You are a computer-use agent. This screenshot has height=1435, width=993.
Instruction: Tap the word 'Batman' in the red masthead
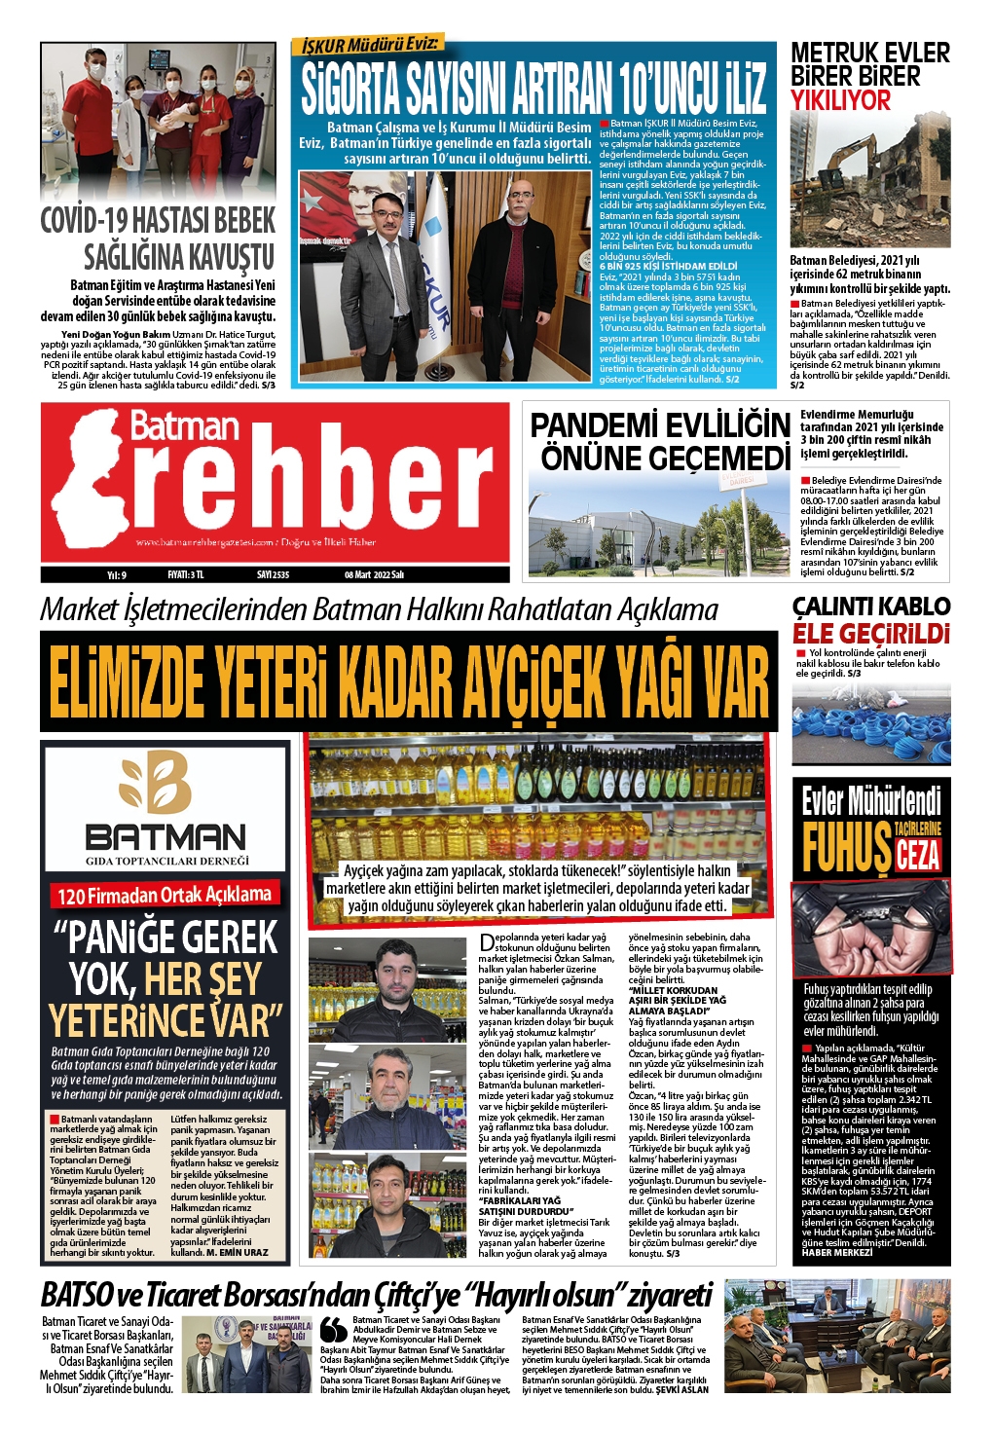tap(184, 425)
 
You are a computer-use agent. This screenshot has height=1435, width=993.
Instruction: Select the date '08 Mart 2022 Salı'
tap(374, 574)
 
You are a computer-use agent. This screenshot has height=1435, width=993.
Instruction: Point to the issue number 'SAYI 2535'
tap(273, 574)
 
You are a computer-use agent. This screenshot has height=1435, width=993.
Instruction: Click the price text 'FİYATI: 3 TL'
tap(185, 574)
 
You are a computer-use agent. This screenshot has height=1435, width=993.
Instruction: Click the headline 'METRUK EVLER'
tap(869, 53)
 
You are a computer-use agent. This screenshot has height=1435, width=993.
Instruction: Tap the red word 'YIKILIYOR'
tap(840, 100)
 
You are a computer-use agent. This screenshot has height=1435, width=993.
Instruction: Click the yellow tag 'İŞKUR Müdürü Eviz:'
tap(369, 45)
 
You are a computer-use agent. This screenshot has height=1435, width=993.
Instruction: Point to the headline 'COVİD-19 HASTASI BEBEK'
tap(158, 221)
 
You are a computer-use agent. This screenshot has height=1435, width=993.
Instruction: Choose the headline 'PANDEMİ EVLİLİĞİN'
tap(659, 425)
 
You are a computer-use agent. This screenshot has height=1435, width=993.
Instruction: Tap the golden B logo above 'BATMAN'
tap(156, 782)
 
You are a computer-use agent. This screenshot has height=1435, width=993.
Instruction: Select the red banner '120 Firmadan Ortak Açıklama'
tap(165, 895)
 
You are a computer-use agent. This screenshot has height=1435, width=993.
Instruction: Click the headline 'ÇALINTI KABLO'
tap(870, 607)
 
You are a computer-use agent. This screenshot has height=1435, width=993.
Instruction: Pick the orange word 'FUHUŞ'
tap(846, 847)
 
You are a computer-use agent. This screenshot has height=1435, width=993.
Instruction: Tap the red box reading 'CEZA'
tap(917, 855)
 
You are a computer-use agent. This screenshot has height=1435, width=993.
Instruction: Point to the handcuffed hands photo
tap(870, 929)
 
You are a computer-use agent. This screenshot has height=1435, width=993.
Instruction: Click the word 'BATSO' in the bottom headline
tap(76, 1295)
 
